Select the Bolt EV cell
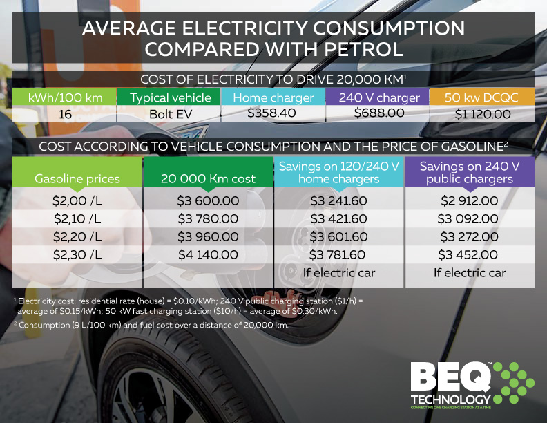[x=169, y=114]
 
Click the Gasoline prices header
[x=77, y=178]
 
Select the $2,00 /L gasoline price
[x=77, y=201]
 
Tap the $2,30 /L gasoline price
[x=77, y=254]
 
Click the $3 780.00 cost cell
[x=208, y=219]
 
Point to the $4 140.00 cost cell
[x=208, y=254]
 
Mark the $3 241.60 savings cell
[x=338, y=201]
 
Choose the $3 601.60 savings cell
[x=338, y=236]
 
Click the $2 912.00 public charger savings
[x=469, y=201]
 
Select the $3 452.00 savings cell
[x=469, y=254]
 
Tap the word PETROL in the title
[x=351, y=50]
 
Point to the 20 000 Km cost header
[x=208, y=178]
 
